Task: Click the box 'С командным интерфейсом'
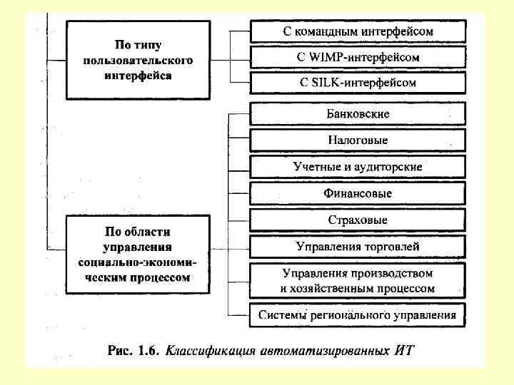(x=358, y=31)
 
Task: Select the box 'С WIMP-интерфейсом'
(x=358, y=57)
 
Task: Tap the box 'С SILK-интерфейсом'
(x=358, y=83)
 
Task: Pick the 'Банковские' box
(x=358, y=113)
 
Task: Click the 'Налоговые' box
(x=358, y=140)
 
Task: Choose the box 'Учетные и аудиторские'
(x=358, y=167)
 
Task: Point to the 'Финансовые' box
(x=358, y=193)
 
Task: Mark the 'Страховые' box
(x=358, y=220)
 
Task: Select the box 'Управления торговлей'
(x=358, y=247)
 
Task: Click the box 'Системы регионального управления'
(x=358, y=314)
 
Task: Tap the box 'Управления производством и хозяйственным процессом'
(x=358, y=281)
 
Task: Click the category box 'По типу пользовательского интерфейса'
(x=138, y=60)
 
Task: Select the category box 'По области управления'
(x=138, y=254)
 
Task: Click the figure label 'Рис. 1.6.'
(x=133, y=350)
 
